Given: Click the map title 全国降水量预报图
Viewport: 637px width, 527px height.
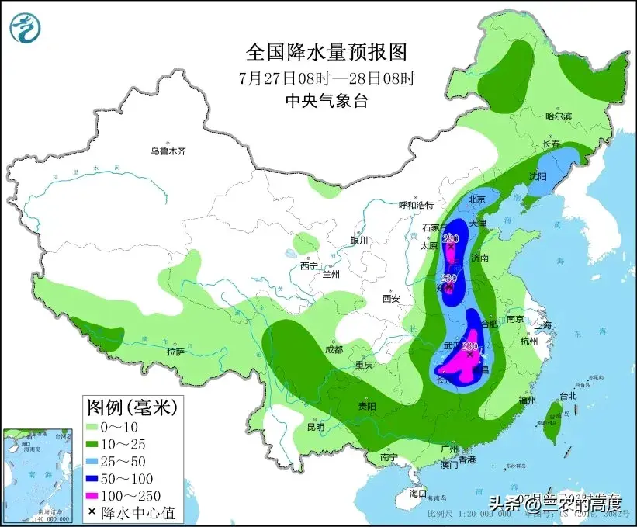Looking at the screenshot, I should (326, 52).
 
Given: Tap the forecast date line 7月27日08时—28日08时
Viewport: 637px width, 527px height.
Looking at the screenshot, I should (326, 78).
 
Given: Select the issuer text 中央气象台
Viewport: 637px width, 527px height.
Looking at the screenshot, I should (326, 100).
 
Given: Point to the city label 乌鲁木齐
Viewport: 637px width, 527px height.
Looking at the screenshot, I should (168, 151).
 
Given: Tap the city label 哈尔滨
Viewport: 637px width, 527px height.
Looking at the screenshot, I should (558, 116).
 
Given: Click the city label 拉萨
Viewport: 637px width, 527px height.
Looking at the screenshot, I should (175, 351).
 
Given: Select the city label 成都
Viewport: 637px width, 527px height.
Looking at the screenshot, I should (334, 350).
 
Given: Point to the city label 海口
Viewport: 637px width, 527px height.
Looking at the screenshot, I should (418, 493).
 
